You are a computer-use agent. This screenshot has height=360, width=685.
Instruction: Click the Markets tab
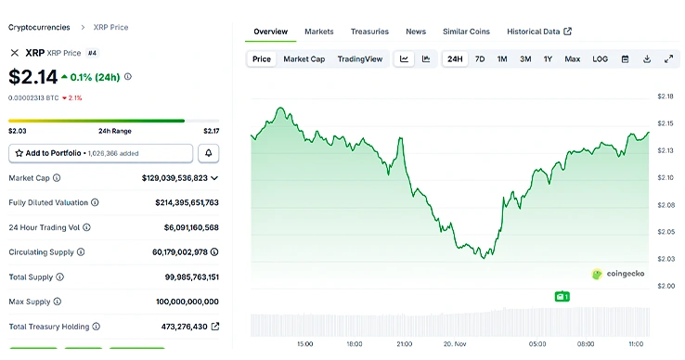[319, 32]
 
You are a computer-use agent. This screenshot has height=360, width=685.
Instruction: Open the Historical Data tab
[539, 32]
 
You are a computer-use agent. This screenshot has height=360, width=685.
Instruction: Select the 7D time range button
[480, 59]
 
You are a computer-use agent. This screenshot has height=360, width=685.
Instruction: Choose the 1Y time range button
[548, 59]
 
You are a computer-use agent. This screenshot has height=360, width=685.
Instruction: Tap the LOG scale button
[600, 59]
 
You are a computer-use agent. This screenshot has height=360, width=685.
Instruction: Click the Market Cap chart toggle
[304, 59]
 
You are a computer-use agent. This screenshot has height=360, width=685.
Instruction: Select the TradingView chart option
[359, 59]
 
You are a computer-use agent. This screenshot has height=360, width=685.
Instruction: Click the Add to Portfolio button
[101, 153]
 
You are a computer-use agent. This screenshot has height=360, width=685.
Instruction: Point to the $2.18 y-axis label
[666, 96]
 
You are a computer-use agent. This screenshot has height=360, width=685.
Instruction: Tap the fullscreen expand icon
[668, 59]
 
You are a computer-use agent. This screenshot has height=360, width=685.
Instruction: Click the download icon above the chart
[647, 59]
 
